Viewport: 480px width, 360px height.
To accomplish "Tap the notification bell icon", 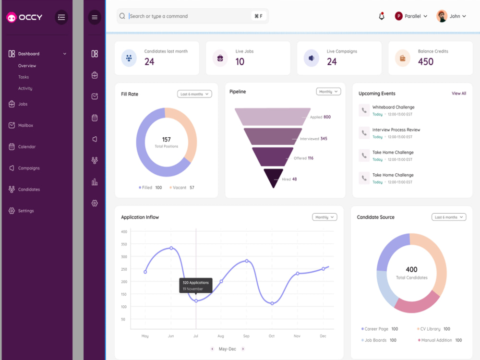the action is pos(382,16).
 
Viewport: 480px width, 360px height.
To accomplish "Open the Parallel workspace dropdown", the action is pos(411,16).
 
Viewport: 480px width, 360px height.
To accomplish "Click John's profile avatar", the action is pos(442,16).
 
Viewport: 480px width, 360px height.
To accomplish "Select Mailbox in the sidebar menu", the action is pos(25,125).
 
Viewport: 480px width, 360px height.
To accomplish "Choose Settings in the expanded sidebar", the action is pos(26,211).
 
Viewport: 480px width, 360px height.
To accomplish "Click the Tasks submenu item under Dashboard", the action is pos(23,77).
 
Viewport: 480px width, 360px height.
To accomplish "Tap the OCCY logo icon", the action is pos(12,17).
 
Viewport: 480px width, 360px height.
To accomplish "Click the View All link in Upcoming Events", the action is pos(458,94).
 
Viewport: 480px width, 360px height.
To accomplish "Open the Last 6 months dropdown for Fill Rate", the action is pos(194,94).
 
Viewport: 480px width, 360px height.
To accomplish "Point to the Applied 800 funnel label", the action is pos(320,117).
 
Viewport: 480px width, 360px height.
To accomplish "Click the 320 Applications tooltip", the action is pos(196,286).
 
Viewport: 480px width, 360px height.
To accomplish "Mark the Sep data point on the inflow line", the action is pos(247,261).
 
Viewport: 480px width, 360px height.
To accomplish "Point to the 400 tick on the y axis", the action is pos(124,232).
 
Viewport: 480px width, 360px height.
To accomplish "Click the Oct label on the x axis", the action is pos(272,336).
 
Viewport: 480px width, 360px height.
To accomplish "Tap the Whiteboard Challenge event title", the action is pos(394,107).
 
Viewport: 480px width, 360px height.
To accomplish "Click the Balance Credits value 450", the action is pos(425,62).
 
